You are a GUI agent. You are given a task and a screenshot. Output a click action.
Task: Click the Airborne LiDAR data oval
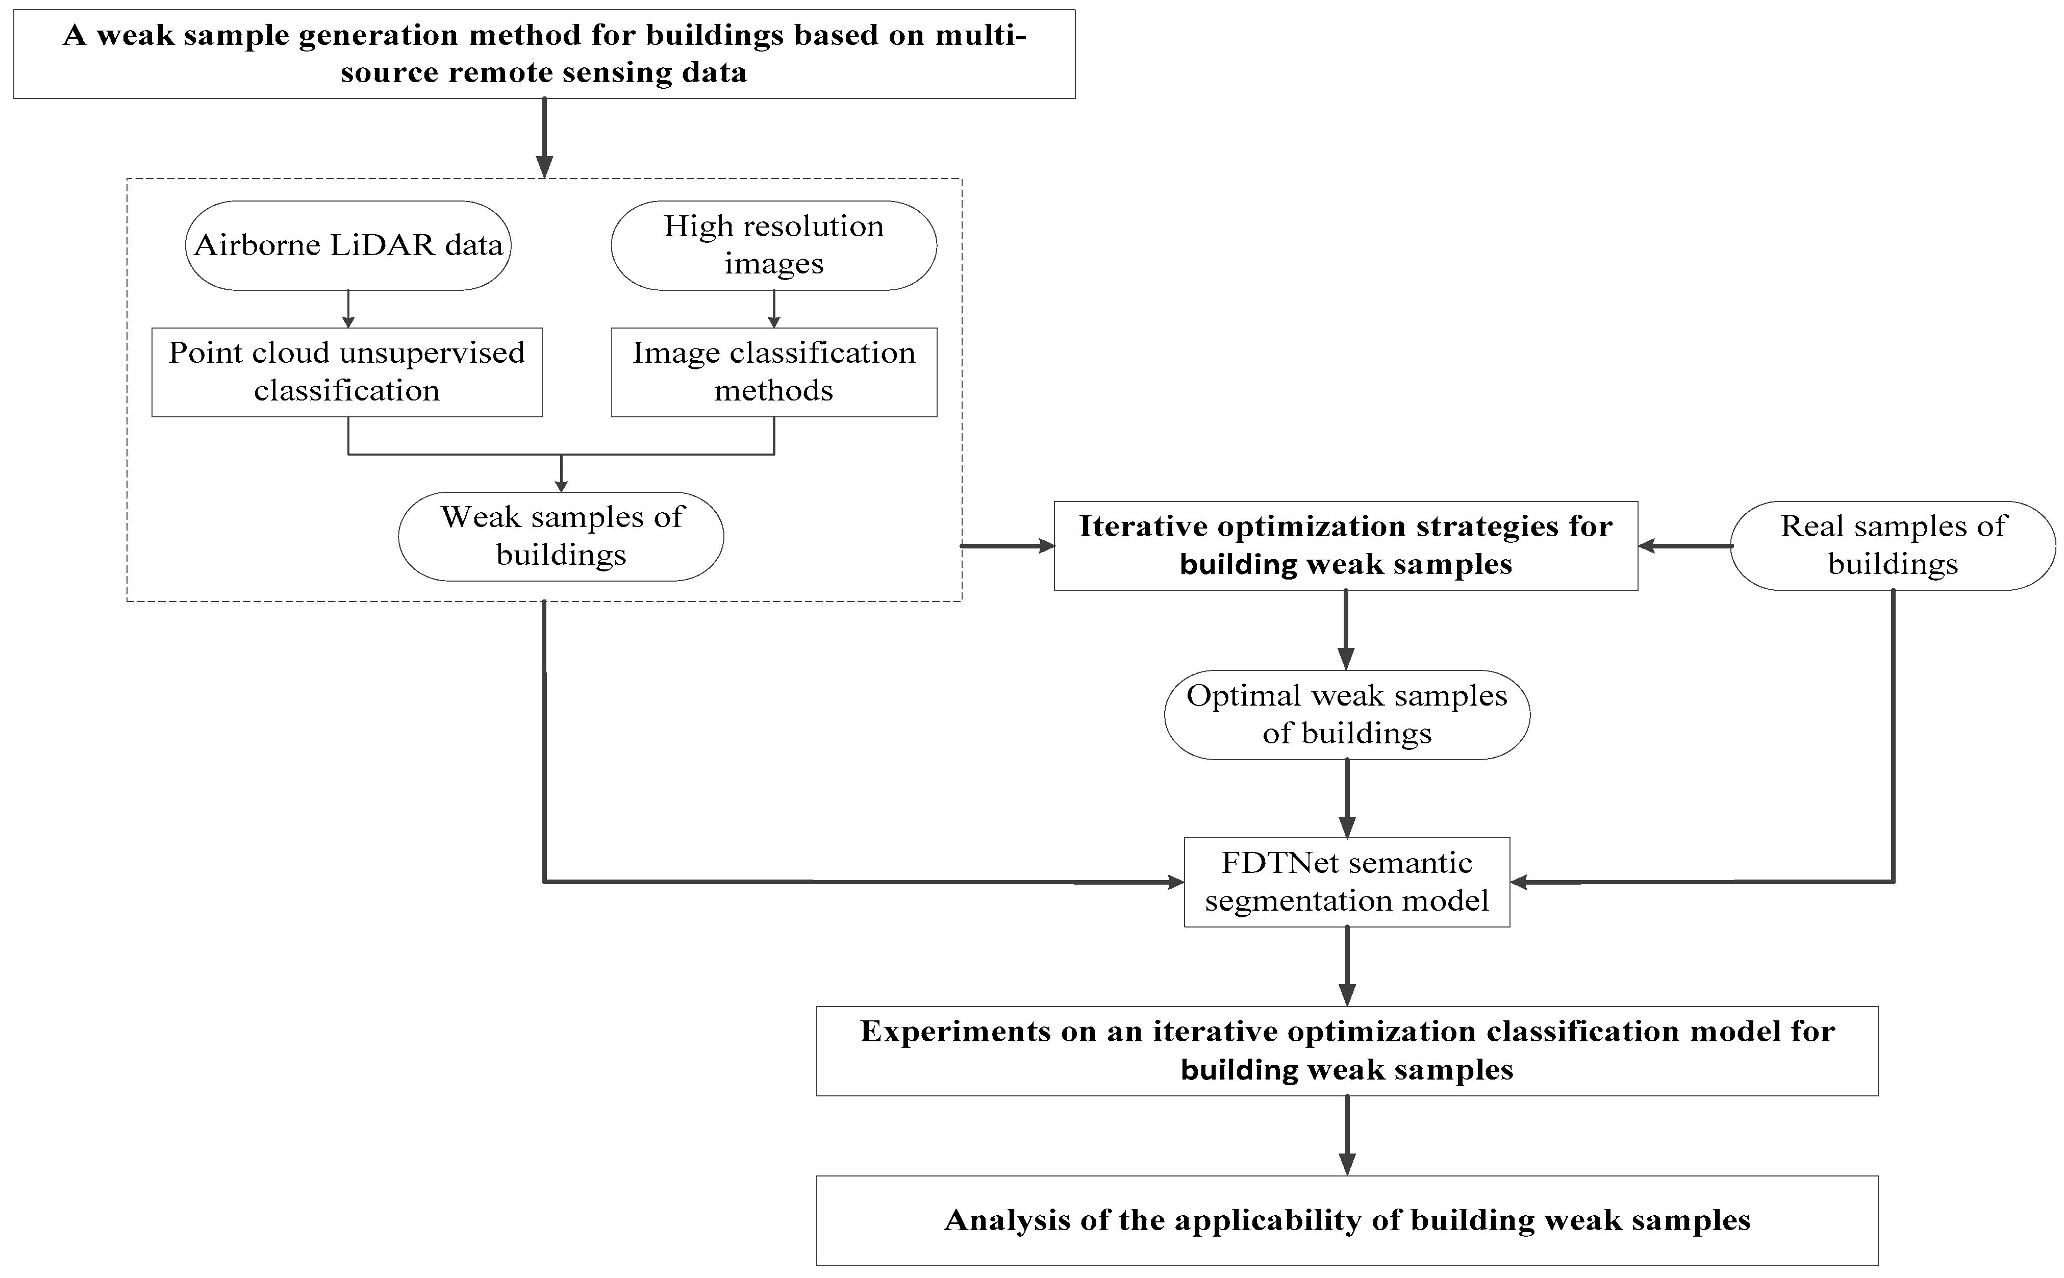[347, 245]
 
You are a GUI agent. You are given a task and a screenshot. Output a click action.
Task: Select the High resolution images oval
[773, 245]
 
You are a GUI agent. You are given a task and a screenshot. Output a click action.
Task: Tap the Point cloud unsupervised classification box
[346, 372]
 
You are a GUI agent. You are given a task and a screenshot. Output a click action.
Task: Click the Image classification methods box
[773, 372]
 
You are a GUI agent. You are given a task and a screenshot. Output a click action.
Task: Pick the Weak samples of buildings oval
[560, 536]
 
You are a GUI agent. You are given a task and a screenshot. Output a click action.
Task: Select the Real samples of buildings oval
[1893, 545]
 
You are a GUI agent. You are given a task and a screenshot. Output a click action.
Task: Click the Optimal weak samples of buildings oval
[1346, 714]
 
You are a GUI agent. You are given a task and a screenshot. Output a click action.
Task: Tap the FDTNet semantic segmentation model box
[1346, 882]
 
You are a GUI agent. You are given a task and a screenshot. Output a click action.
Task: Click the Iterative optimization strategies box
[1346, 545]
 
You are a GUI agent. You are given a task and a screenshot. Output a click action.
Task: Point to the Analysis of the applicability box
[1346, 1220]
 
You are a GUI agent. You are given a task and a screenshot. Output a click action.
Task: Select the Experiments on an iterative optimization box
[1346, 1050]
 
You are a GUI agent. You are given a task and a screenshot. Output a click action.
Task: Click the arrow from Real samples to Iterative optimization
[1683, 546]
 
